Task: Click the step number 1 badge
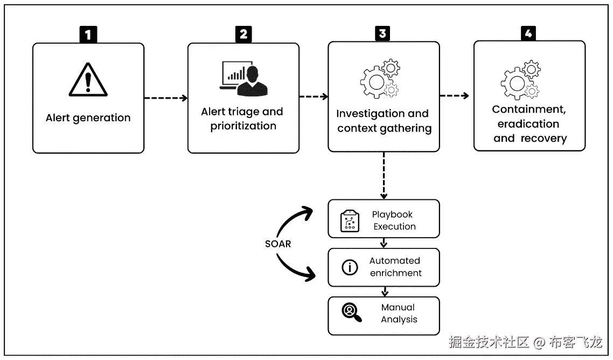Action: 88,35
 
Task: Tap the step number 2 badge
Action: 243,34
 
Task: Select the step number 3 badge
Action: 382,34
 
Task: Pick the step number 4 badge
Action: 528,34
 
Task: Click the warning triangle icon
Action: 88,79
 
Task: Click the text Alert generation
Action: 88,118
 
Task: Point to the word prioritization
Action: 243,126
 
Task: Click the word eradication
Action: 528,124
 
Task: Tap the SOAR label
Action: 278,244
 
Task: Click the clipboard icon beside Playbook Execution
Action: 350,221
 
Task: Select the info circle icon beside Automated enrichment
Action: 350,267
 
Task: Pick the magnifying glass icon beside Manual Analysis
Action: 351,312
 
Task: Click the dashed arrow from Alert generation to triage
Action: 165,98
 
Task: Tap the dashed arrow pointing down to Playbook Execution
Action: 384,175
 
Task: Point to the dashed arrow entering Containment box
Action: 454,96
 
